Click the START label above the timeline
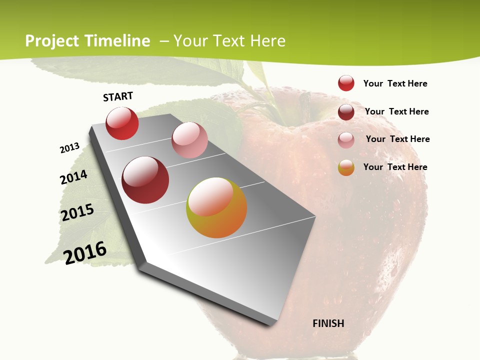[x=118, y=96]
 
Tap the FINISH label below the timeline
[x=328, y=323]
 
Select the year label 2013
[x=69, y=148]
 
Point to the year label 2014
[x=73, y=177]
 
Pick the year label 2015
[x=77, y=212]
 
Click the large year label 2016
[x=85, y=252]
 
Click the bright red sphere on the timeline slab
[x=122, y=123]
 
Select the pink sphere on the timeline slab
[x=189, y=139]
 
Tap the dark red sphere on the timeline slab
[x=145, y=180]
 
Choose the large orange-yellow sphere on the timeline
[x=216, y=207]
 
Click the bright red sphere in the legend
[x=346, y=83]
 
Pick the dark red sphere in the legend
[x=346, y=111]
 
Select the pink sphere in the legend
[x=346, y=139]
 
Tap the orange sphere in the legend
[x=346, y=167]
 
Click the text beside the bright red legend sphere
[x=395, y=83]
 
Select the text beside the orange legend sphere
[x=395, y=167]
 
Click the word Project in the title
[x=51, y=41]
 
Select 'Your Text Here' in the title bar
[x=229, y=41]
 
